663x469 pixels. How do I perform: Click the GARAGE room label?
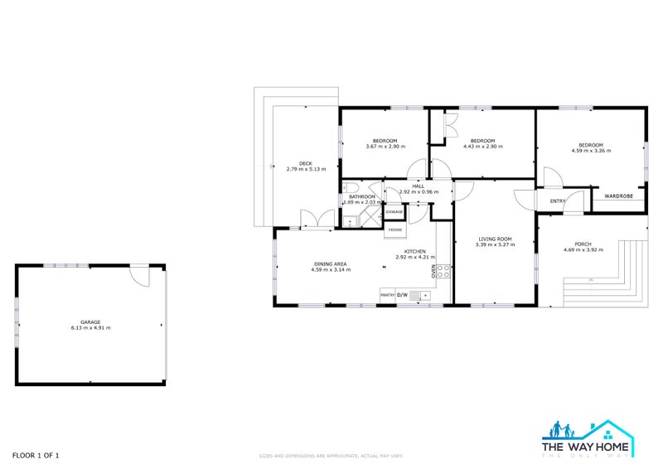pyautogui.click(x=90, y=322)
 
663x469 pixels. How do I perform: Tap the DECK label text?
pyautogui.click(x=306, y=162)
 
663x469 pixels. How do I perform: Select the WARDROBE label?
pyautogui.click(x=618, y=196)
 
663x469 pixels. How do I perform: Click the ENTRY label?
pyautogui.click(x=557, y=201)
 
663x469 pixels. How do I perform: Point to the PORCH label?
pyautogui.click(x=583, y=244)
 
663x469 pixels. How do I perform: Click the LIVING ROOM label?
pyautogui.click(x=495, y=239)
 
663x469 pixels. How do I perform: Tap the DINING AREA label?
pyautogui.click(x=329, y=264)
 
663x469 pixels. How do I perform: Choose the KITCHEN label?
pyautogui.click(x=414, y=251)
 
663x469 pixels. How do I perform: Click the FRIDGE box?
pyautogui.click(x=395, y=229)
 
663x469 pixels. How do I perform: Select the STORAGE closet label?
pyautogui.click(x=394, y=212)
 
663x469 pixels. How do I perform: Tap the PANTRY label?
pyautogui.click(x=386, y=295)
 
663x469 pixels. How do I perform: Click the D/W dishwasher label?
pyautogui.click(x=402, y=295)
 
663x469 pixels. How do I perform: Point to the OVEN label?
pyautogui.click(x=433, y=270)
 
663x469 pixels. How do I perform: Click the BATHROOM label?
pyautogui.click(x=362, y=196)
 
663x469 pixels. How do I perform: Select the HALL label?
pyautogui.click(x=418, y=186)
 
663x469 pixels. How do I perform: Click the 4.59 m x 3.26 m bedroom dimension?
pyautogui.click(x=591, y=151)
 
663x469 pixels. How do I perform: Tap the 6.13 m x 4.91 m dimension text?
pyautogui.click(x=90, y=328)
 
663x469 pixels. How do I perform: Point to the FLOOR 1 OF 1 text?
pyautogui.click(x=36, y=455)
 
